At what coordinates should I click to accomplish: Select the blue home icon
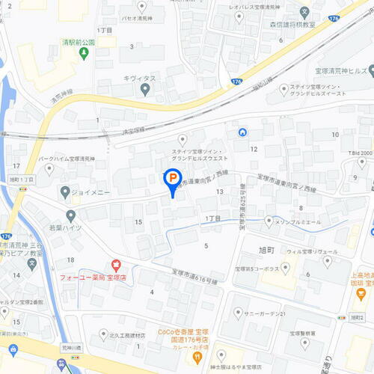(242, 133)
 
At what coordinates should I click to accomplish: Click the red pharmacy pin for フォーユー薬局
(116, 265)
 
